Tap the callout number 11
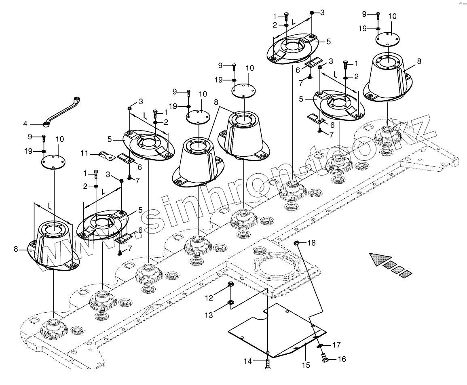pyautogui.click(x=84, y=153)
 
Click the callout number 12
pyautogui.click(x=209, y=298)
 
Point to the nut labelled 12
pyautogui.click(x=230, y=285)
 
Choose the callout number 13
pyautogui.click(x=209, y=316)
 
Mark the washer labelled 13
pyautogui.click(x=230, y=303)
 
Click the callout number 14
pyautogui.click(x=247, y=362)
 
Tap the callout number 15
pyautogui.click(x=306, y=365)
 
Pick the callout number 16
pyautogui.click(x=342, y=359)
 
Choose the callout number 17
pyautogui.click(x=336, y=345)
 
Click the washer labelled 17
pyautogui.click(x=319, y=346)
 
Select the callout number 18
pyautogui.click(x=311, y=243)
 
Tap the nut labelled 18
pyautogui.click(x=296, y=243)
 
